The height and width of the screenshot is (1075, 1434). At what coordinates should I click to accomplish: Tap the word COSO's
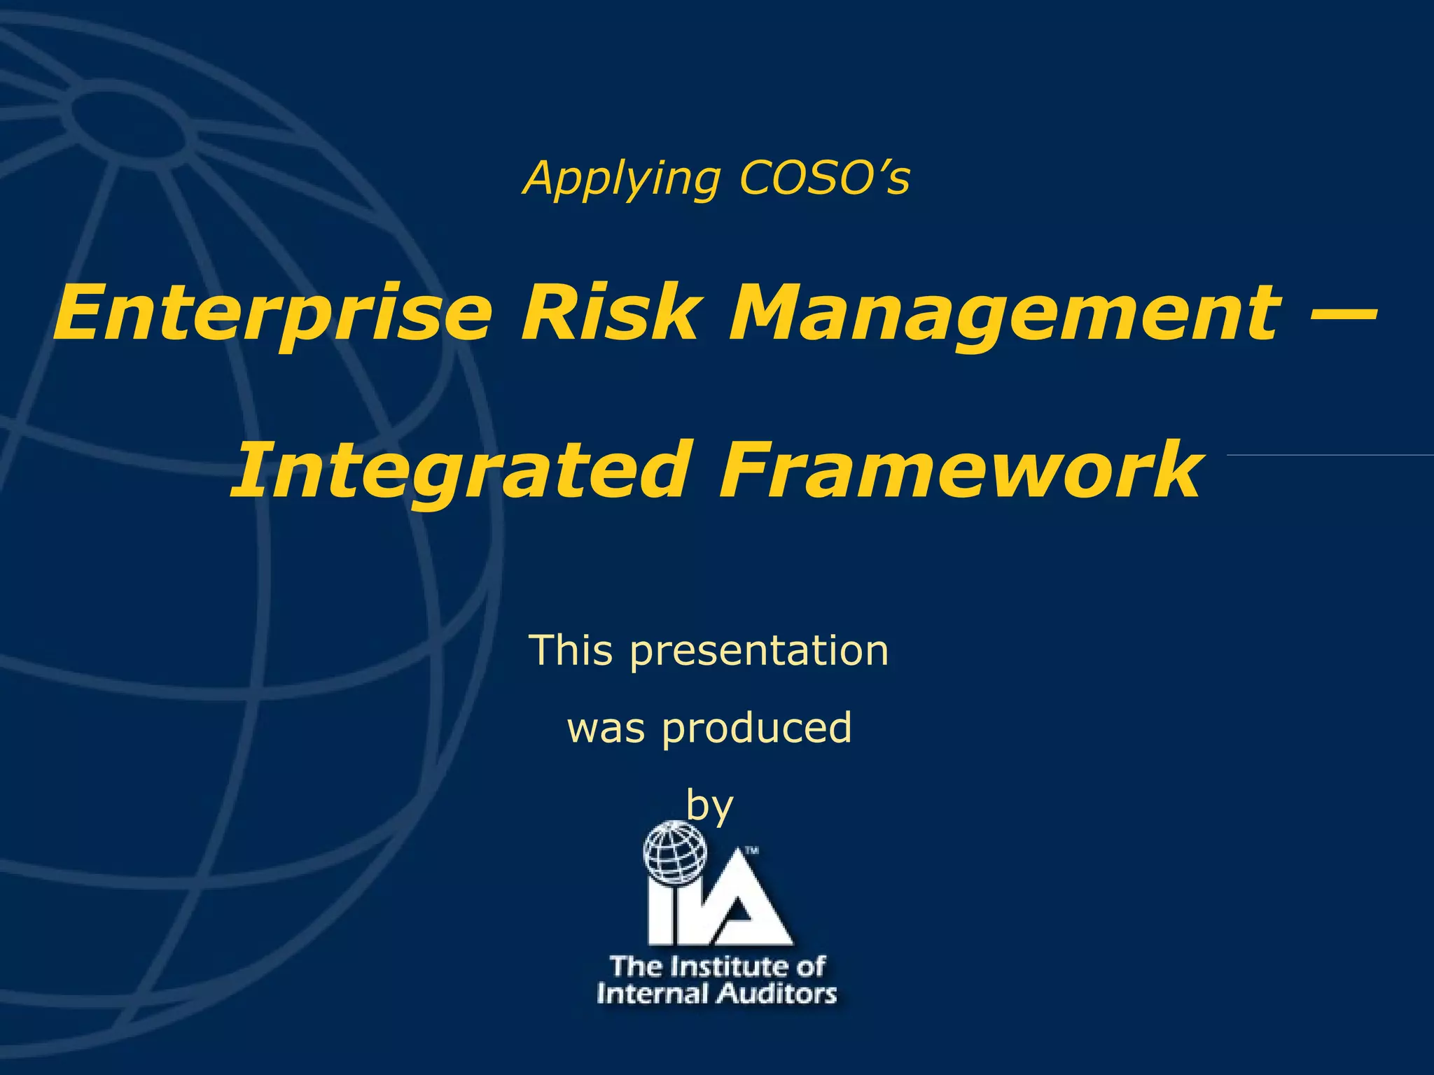tap(824, 179)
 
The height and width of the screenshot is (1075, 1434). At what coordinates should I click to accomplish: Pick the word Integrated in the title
tap(459, 470)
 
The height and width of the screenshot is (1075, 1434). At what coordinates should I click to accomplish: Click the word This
tap(571, 650)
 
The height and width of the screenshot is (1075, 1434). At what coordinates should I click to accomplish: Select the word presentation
tap(759, 652)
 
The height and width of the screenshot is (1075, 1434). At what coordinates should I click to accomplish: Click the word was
tap(606, 728)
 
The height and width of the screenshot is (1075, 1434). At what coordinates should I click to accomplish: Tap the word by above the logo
tap(709, 806)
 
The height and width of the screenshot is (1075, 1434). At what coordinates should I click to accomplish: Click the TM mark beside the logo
tap(751, 852)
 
